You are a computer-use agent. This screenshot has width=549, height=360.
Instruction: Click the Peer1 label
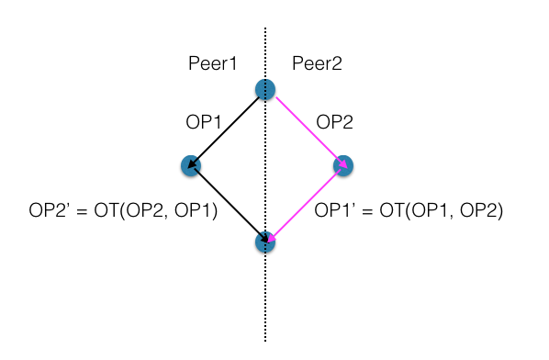(213, 63)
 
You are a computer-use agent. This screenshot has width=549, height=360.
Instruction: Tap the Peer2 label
(317, 63)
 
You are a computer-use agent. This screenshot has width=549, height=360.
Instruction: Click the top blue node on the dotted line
(265, 89)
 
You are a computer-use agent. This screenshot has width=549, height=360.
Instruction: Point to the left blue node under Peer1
(190, 165)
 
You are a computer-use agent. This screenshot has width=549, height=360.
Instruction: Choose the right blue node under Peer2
(343, 165)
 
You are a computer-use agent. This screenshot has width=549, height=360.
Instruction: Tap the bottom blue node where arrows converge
(265, 242)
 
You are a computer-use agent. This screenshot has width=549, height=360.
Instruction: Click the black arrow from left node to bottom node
(228, 204)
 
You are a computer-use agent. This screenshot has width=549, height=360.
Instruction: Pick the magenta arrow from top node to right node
(305, 128)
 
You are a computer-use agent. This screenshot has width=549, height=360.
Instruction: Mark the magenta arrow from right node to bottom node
(305, 204)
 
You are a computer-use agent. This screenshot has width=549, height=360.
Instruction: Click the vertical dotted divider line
(266, 303)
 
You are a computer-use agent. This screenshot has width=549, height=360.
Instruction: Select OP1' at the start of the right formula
(335, 211)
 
